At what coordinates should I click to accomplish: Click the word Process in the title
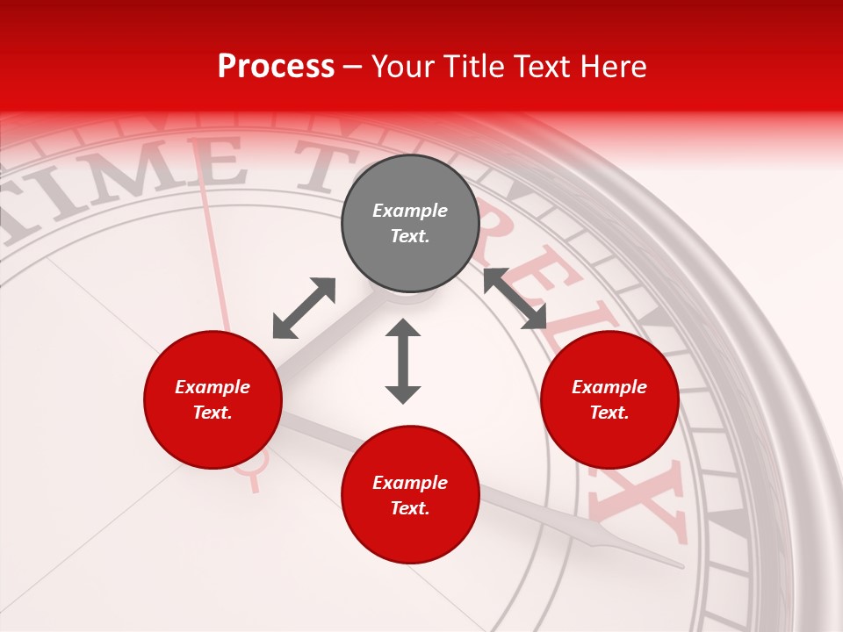pos(276,67)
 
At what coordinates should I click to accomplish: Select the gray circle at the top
pos(410,224)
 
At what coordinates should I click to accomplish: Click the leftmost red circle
pos(213,399)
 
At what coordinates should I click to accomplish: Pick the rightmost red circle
pos(609,399)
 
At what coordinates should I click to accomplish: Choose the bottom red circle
pos(410,495)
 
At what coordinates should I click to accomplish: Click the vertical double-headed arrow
pos(403,361)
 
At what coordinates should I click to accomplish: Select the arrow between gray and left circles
pos(304,308)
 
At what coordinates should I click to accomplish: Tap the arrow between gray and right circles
pos(515,298)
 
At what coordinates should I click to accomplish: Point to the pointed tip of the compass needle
pos(681,567)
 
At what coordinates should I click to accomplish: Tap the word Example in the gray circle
pos(410,211)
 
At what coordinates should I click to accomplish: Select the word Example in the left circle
pos(213,387)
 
